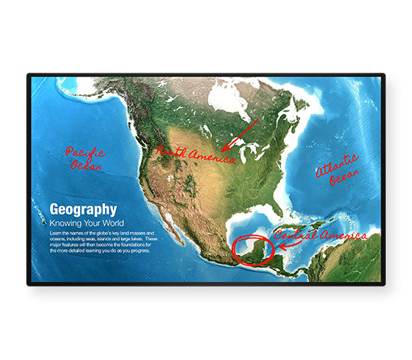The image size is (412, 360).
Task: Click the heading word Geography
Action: pos(82,210)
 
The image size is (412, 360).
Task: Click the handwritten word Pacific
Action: pos(85,153)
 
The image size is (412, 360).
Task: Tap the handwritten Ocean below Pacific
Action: pos(84,165)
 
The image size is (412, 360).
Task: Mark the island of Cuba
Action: pos(300,229)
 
